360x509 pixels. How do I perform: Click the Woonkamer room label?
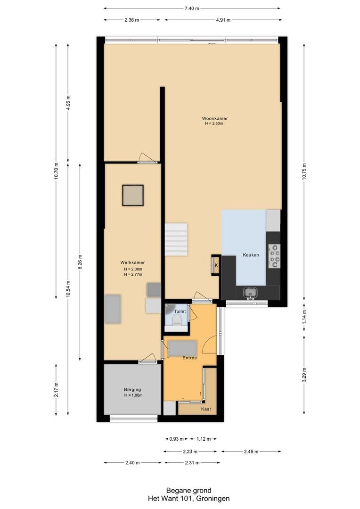(x=214, y=118)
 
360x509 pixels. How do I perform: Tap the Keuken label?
(x=251, y=255)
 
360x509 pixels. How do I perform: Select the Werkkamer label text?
(x=132, y=263)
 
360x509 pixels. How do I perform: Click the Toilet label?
(x=180, y=312)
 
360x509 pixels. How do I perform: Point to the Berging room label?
(x=132, y=390)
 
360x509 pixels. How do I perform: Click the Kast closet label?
(x=206, y=409)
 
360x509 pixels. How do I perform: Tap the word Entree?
(x=189, y=358)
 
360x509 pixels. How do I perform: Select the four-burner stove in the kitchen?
(x=274, y=256)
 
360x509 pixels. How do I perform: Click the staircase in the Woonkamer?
(x=176, y=239)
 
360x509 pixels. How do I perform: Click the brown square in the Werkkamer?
(x=133, y=195)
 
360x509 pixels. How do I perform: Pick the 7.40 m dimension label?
(x=192, y=8)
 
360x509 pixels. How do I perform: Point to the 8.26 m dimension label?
(x=80, y=263)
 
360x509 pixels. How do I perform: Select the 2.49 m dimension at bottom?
(x=251, y=451)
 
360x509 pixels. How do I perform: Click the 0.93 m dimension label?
(x=177, y=439)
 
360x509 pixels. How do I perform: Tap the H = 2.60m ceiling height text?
(x=214, y=123)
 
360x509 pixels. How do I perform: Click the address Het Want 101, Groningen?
(x=188, y=498)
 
